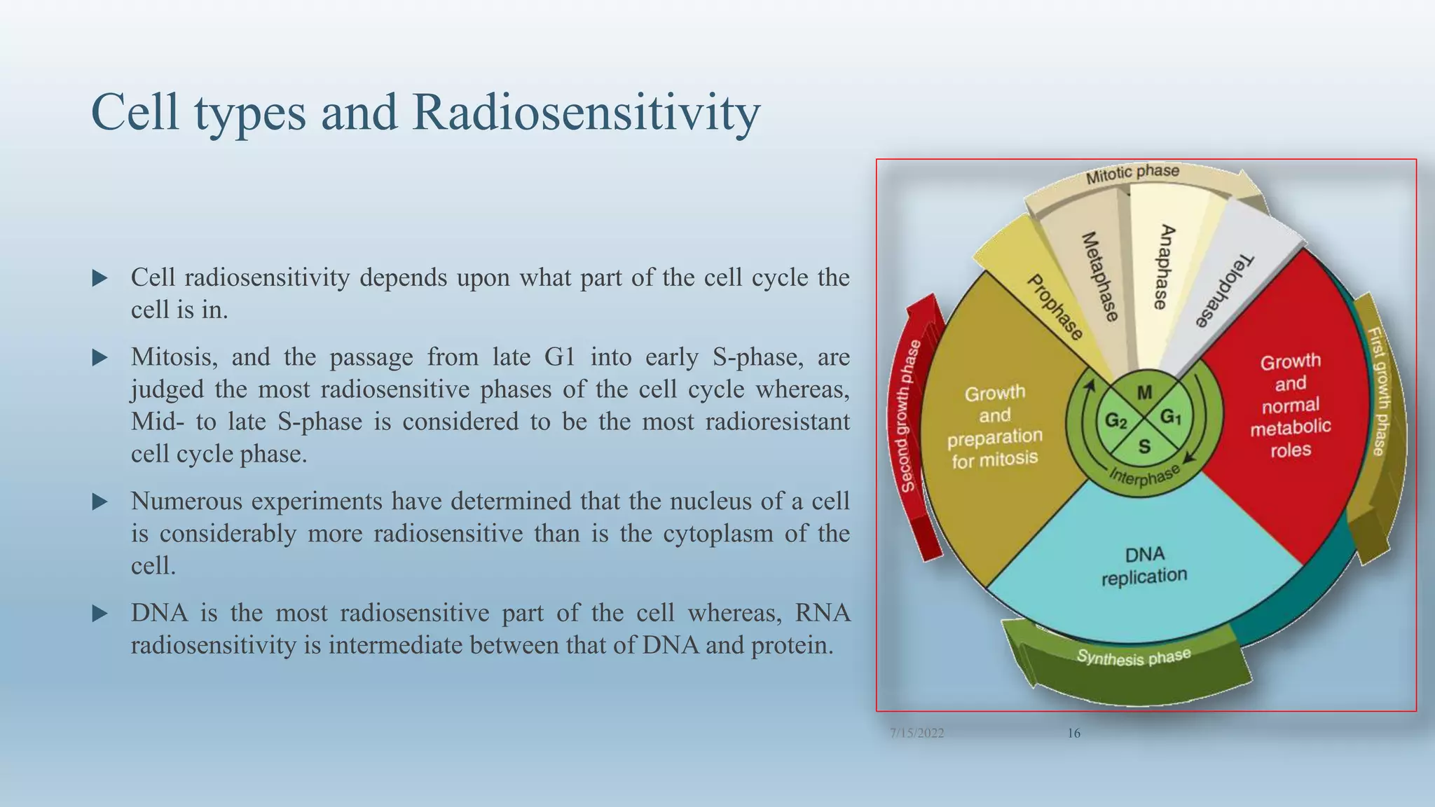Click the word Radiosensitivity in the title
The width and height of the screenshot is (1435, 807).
click(x=586, y=112)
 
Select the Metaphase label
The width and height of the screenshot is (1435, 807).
click(x=1099, y=276)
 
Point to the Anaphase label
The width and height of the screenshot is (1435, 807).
click(x=1164, y=266)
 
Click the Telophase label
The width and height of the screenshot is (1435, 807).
click(x=1224, y=290)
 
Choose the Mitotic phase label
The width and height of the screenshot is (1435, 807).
click(x=1132, y=174)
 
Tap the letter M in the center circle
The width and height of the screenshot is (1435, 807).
click(x=1144, y=392)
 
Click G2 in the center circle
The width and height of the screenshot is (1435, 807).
click(x=1115, y=420)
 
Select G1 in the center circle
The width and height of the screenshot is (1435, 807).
click(x=1171, y=418)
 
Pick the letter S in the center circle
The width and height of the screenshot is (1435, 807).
click(x=1144, y=446)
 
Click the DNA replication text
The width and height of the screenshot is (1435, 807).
click(x=1144, y=565)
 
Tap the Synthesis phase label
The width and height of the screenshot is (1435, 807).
click(x=1133, y=657)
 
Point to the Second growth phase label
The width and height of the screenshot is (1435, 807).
click(x=909, y=416)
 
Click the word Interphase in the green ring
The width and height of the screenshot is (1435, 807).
click(x=1144, y=476)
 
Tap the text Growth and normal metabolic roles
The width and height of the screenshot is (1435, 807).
click(x=1290, y=406)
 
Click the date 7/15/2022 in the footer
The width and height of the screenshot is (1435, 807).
click(x=916, y=733)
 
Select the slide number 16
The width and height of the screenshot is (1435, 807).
click(x=1073, y=733)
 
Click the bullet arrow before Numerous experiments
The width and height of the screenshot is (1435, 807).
click(x=100, y=502)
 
